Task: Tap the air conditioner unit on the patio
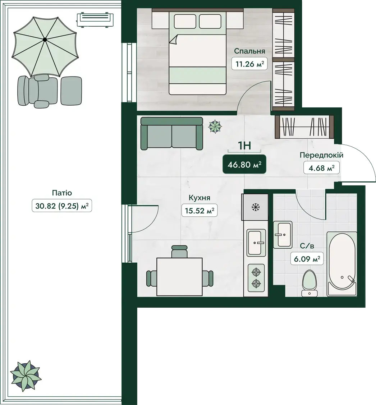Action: [95, 19]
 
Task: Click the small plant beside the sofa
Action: [215, 126]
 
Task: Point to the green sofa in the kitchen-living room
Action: [172, 134]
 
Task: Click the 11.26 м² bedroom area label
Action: [249, 64]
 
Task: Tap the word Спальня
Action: [249, 51]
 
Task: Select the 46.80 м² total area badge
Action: [244, 164]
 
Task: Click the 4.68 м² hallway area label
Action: [321, 168]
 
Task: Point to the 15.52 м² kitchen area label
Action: [199, 211]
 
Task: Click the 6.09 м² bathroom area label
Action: [307, 258]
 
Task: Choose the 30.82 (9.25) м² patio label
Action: [62, 206]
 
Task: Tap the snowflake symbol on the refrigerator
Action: [255, 207]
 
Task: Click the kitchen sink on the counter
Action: [256, 243]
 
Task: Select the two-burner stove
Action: [256, 278]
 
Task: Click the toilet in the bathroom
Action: [309, 283]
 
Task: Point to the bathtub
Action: [342, 264]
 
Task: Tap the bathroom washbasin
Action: [283, 235]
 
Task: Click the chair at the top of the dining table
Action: [179, 252]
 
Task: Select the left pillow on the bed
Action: [185, 22]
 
